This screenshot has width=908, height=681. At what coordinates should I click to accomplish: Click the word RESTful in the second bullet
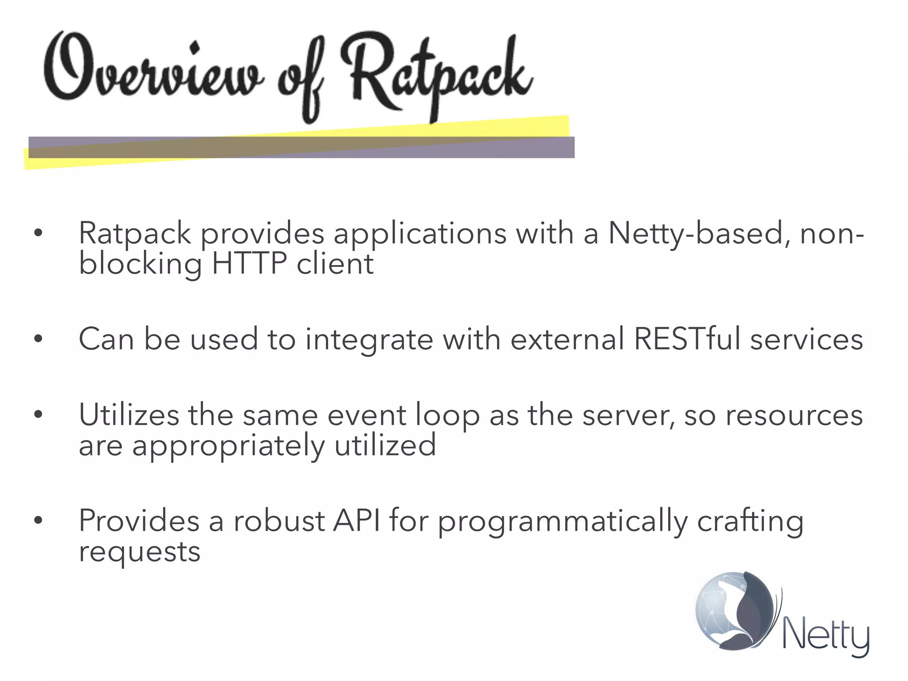(687, 339)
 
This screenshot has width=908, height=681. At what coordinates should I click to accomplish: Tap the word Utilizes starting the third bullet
(129, 415)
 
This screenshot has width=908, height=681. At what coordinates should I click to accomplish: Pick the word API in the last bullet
(356, 521)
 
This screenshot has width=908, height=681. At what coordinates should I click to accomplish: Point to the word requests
(140, 552)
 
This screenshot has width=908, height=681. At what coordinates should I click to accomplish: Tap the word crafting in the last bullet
(750, 521)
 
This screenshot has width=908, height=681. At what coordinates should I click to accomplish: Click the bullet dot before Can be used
(39, 340)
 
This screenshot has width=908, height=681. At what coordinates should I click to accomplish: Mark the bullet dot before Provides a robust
(39, 521)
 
